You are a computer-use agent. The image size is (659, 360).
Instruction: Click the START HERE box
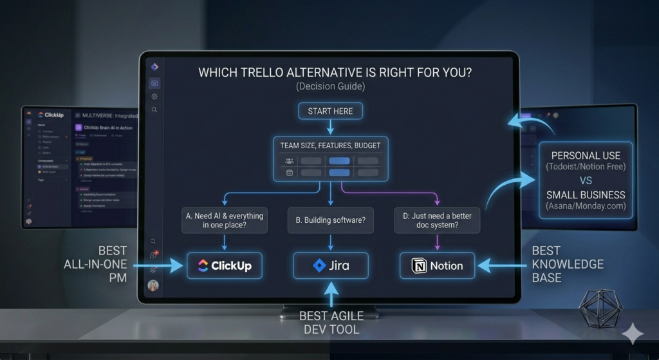coord(330,111)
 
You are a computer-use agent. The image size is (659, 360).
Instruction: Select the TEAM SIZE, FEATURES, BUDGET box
coord(330,145)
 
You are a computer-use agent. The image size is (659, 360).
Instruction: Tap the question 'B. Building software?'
coord(329,220)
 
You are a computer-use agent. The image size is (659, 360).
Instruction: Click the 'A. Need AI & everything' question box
coord(225,221)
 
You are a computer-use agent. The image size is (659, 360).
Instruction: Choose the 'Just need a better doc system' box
coord(436,221)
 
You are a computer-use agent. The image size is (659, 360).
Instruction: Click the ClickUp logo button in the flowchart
coord(225,265)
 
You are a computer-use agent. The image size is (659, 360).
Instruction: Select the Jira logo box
coord(330,265)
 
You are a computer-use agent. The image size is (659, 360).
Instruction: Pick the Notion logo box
coord(436,265)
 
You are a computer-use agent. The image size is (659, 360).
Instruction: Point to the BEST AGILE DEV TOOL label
coord(331,323)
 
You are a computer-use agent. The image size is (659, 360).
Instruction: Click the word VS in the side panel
coord(586,181)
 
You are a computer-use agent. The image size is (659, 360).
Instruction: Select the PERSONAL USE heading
coord(586,155)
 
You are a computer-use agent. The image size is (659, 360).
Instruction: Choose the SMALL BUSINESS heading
coord(586,194)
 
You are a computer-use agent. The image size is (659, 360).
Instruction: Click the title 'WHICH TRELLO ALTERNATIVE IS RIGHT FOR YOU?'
coord(335,73)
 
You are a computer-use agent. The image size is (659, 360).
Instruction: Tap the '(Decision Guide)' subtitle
coord(330,87)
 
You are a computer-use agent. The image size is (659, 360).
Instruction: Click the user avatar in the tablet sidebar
coord(153,285)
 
